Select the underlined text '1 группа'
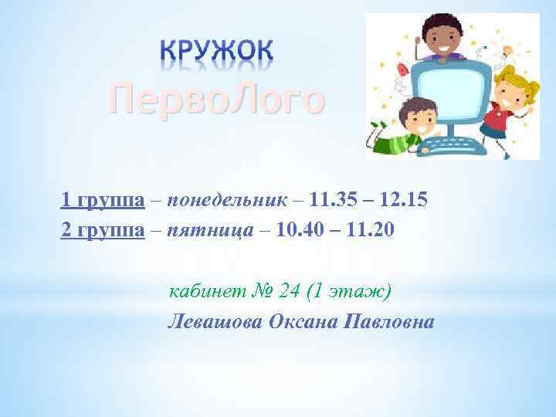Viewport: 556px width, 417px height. click(102, 201)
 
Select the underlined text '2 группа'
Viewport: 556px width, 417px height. click(102, 230)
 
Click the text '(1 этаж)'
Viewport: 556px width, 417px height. click(350, 291)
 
